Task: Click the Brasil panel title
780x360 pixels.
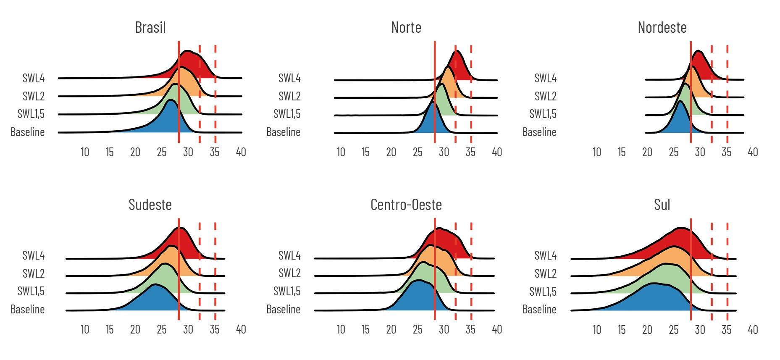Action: pyautogui.click(x=150, y=28)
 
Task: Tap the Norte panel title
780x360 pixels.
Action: pyautogui.click(x=406, y=28)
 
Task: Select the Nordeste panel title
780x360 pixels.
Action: pyautogui.click(x=662, y=28)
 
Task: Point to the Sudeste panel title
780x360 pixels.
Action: pyautogui.click(x=150, y=205)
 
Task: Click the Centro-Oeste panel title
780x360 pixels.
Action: pyautogui.click(x=406, y=205)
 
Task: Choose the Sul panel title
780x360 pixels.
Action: pyautogui.click(x=662, y=205)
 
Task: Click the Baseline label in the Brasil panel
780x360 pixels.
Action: pyautogui.click(x=28, y=132)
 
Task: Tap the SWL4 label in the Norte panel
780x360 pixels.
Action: pyautogui.click(x=289, y=78)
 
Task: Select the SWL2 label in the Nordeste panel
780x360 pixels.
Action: pyautogui.click(x=545, y=96)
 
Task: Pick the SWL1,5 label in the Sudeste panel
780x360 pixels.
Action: pyautogui.click(x=31, y=291)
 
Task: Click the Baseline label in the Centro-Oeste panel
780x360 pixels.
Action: pyautogui.click(x=284, y=310)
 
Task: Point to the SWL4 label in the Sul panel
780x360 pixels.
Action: pyautogui.click(x=545, y=255)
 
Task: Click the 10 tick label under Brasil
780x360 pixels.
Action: pyautogui.click(x=85, y=152)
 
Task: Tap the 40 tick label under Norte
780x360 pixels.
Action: pyautogui.click(x=497, y=152)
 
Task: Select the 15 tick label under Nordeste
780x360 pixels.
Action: pyautogui.click(x=622, y=152)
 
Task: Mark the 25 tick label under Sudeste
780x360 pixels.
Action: pyautogui.click(x=162, y=329)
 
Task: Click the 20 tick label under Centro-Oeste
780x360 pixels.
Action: pyautogui.click(x=391, y=329)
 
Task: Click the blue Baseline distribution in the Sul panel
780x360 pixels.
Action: pyautogui.click(x=655, y=298)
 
